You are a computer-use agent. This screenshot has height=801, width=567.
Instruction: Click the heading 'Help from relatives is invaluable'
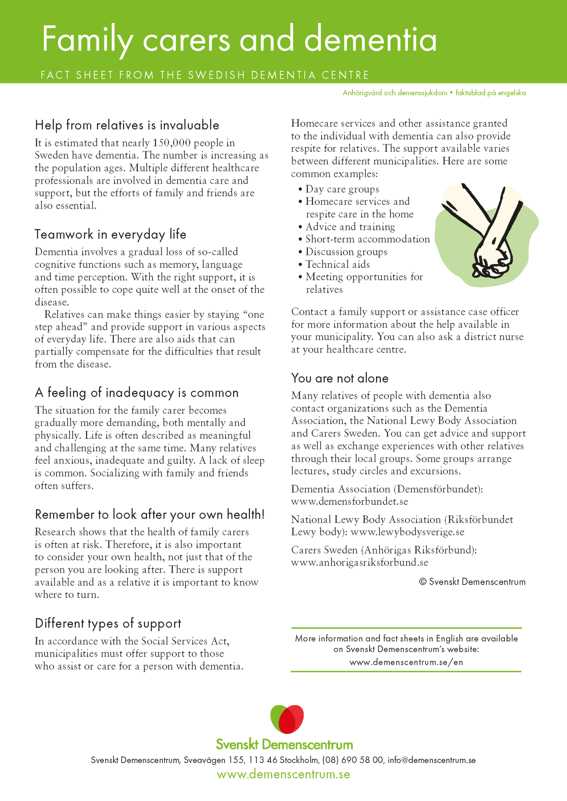pos(127,125)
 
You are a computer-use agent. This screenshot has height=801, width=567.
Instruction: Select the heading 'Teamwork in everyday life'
pos(110,234)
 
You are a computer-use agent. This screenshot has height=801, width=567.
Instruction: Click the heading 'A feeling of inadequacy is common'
pos(137,393)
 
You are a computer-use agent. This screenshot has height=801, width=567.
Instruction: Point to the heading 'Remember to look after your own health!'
pos(149,514)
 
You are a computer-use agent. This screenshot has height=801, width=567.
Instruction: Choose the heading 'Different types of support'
pos(108,623)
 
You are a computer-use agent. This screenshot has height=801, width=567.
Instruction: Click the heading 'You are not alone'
pos(339,378)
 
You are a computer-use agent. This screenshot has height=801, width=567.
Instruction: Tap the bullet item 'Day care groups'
pos(342,189)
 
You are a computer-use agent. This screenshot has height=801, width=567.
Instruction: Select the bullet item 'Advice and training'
pos(350,227)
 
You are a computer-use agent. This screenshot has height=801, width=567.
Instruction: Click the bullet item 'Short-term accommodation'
pos(367,239)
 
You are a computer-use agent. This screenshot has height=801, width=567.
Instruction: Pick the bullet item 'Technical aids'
pos(337,264)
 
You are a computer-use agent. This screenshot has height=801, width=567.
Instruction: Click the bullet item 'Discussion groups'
pos(346,252)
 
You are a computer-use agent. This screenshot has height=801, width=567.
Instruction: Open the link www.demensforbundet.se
pos(349,501)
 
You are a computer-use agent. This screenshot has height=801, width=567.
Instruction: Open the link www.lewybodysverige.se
pos(407,532)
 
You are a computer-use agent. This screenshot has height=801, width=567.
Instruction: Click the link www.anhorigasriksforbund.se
pos(359,562)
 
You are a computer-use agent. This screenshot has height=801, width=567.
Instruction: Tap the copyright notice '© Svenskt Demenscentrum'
pos(472,582)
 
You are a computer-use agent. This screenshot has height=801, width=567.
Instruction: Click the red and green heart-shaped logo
pos(287,719)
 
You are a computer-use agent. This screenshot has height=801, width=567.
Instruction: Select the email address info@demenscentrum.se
pos(431,760)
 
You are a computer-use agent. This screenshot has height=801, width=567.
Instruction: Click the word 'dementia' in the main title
pos(370,40)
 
